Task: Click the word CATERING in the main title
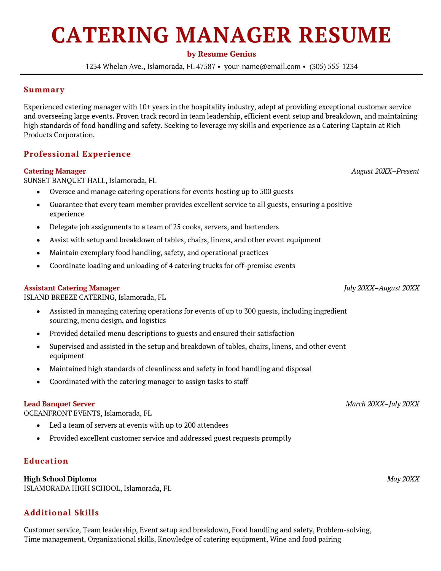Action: click(x=110, y=35)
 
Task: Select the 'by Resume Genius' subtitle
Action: click(x=221, y=54)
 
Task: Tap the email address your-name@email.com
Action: click(x=262, y=66)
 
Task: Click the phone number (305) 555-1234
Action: click(x=333, y=66)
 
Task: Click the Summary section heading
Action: click(x=44, y=90)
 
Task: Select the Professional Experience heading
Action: click(x=77, y=154)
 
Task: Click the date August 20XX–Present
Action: click(x=385, y=171)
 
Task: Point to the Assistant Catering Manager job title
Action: click(x=72, y=288)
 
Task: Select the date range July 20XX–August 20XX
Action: click(x=381, y=288)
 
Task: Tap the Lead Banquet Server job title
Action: click(x=59, y=404)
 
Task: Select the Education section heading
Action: click(x=46, y=461)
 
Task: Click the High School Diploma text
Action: click(x=60, y=479)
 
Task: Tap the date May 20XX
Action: click(x=403, y=479)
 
